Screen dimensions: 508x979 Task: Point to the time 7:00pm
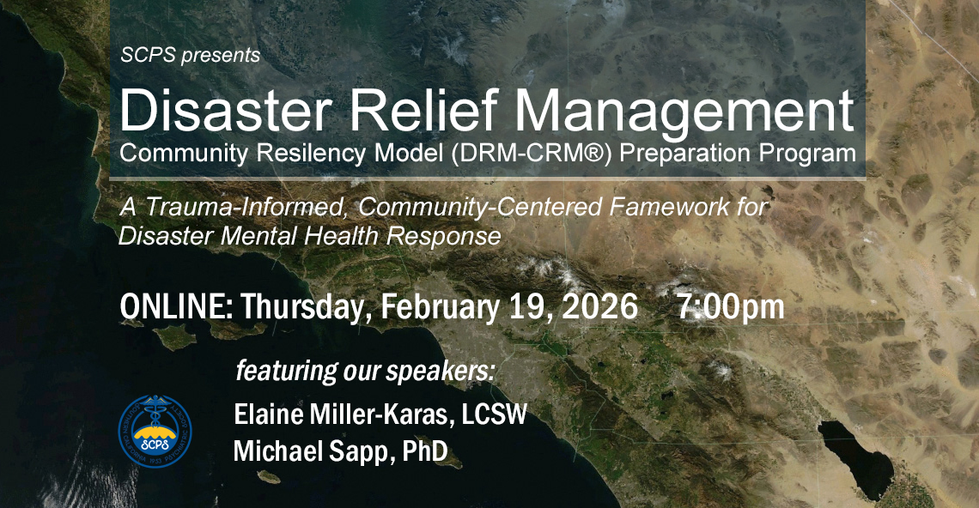tap(730, 306)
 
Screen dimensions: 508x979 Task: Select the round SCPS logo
tap(155, 432)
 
